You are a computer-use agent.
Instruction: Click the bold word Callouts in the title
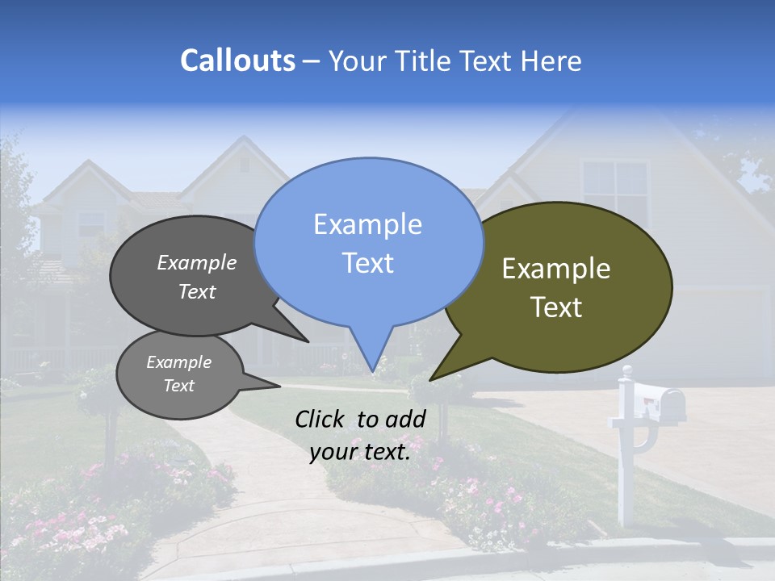[x=237, y=61]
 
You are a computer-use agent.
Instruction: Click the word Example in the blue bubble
[x=367, y=224]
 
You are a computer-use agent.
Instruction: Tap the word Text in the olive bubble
[x=556, y=307]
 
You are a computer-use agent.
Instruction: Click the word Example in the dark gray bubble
[x=197, y=262]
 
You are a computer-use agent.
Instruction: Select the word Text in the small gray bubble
[x=178, y=386]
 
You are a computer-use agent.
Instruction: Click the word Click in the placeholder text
[x=321, y=419]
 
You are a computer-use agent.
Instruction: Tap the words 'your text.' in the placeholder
[x=360, y=452]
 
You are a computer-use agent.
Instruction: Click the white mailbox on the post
[x=659, y=401]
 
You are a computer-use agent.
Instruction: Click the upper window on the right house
[x=615, y=190]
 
